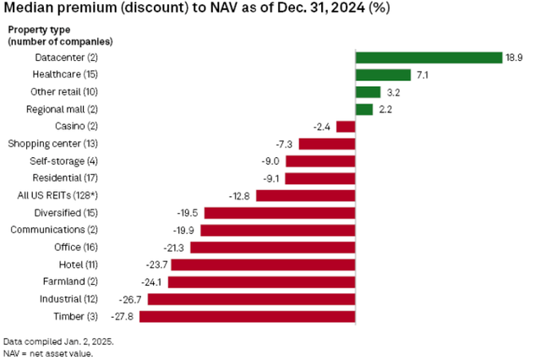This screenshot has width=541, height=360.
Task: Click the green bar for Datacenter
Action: (429, 57)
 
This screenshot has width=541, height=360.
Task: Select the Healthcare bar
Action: (383, 75)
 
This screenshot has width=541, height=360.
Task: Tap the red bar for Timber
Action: (247, 317)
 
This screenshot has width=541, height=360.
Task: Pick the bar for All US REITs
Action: (305, 196)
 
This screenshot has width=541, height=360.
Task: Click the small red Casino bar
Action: (346, 127)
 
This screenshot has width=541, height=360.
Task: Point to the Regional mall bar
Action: (364, 110)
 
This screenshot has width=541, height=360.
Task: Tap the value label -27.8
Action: (125, 317)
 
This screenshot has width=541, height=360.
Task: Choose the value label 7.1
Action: (423, 75)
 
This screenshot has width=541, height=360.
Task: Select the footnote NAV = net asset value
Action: (49, 352)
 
